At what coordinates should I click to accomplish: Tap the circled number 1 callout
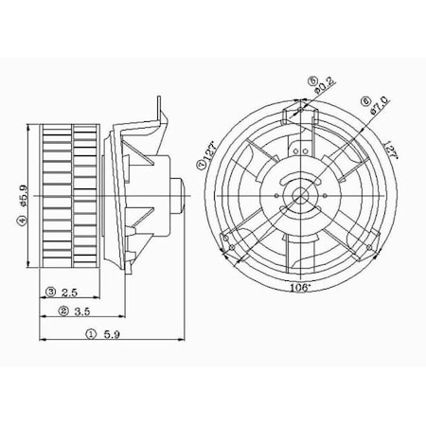91,334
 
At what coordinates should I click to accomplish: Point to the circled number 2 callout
62,311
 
